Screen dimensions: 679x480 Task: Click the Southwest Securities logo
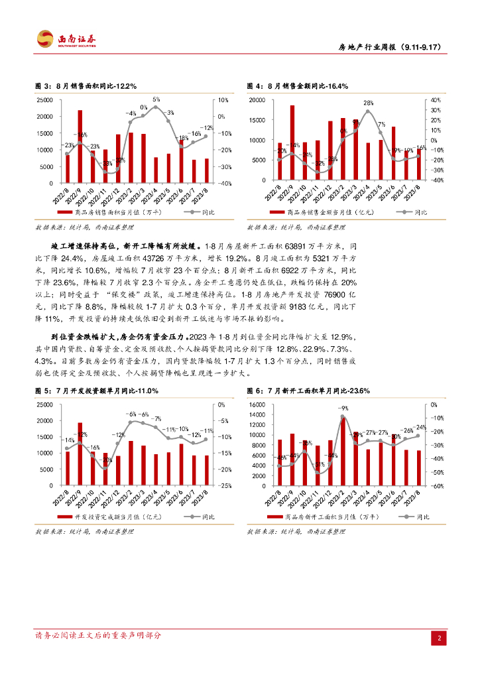point(67,40)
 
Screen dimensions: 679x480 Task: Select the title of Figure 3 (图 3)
point(86,86)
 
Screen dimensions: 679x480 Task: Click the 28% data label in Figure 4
point(368,103)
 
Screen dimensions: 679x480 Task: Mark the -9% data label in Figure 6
point(343,408)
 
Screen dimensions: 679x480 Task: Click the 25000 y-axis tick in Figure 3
point(46,100)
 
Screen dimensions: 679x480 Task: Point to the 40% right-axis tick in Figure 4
point(436,100)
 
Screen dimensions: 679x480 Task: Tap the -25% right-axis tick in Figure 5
point(223,486)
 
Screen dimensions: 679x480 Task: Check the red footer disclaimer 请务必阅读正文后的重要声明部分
point(98,635)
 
